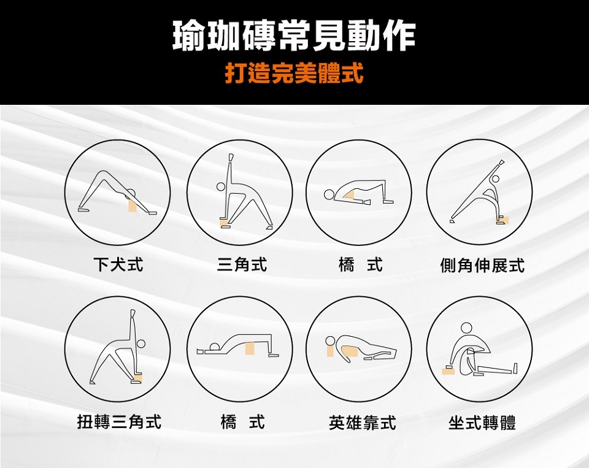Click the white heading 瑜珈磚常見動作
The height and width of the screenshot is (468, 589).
point(294,35)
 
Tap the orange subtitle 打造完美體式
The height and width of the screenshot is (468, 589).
point(294,72)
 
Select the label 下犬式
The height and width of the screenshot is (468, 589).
point(118,264)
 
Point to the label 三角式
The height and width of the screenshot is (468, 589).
point(242,264)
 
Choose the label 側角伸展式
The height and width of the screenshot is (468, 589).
point(482,265)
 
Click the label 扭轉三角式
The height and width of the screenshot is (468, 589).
point(119,421)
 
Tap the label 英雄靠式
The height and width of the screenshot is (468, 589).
point(362,422)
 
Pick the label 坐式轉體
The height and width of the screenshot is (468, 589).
point(482,422)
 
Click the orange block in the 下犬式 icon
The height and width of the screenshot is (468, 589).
point(132,205)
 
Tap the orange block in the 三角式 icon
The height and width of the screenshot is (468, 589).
point(225,224)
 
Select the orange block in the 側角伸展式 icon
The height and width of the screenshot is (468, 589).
point(504,220)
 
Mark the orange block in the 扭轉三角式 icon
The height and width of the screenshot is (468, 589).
point(138,377)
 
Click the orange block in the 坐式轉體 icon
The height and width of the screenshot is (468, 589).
point(448,372)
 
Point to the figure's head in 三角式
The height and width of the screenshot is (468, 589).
point(221,186)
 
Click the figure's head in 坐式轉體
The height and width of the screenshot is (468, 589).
point(466,328)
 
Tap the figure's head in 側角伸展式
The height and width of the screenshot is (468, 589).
point(496,178)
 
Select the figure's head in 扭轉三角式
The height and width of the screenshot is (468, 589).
point(141,343)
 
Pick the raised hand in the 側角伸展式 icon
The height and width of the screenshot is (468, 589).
point(501,163)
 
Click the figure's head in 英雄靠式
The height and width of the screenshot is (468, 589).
point(330,340)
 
